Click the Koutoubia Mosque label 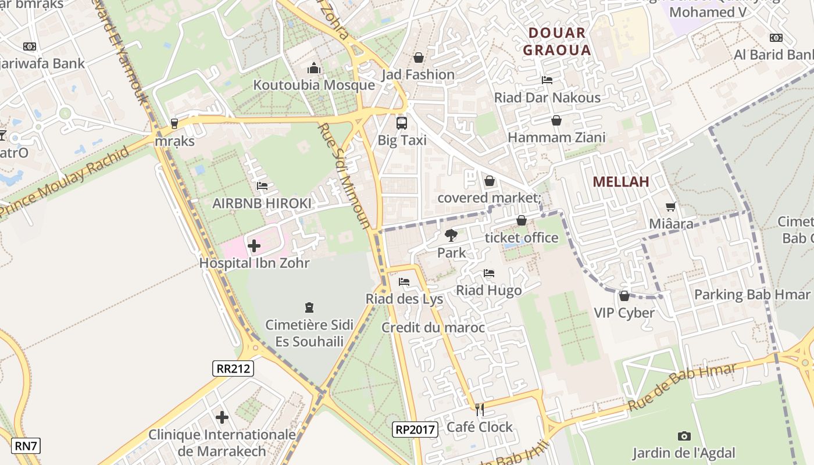tap(313, 85)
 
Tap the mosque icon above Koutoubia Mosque tap(314, 69)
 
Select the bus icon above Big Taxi tap(402, 123)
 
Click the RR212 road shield tap(233, 368)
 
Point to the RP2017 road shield tap(415, 430)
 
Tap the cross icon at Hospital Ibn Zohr tap(254, 246)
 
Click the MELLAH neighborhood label tap(621, 182)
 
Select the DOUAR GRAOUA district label tap(556, 41)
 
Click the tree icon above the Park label tap(451, 235)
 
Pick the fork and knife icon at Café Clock tap(480, 410)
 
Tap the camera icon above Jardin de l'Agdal tap(684, 436)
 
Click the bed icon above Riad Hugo tap(489, 273)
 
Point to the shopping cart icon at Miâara tap(671, 206)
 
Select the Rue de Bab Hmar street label tap(681, 388)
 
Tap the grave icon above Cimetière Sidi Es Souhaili tap(309, 307)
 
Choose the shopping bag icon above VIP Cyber tap(624, 296)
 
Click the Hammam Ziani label tap(556, 138)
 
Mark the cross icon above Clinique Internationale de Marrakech tap(222, 417)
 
